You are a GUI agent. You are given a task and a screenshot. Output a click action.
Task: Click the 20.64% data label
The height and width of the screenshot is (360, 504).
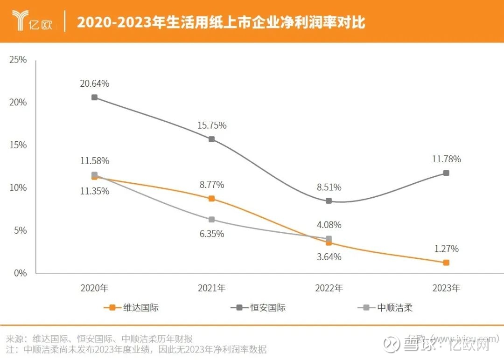[x=95, y=84]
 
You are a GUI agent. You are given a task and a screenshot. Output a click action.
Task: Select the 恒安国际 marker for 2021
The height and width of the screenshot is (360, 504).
[x=211, y=139]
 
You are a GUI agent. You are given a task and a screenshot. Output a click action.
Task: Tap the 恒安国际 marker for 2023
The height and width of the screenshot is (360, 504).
[x=446, y=173]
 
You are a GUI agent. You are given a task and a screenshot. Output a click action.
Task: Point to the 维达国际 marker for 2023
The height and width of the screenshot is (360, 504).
[x=446, y=263]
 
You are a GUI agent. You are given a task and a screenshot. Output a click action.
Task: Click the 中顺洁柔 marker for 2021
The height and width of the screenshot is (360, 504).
[x=211, y=220]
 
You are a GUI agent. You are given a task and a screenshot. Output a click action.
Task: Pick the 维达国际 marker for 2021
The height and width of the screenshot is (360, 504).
[x=211, y=199]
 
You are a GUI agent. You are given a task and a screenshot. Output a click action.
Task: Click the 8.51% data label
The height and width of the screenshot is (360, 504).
[x=329, y=187]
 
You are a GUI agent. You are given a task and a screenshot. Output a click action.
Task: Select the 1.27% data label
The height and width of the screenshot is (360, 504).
[x=446, y=249]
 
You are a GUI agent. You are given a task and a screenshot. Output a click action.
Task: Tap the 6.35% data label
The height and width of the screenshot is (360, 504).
[x=211, y=234]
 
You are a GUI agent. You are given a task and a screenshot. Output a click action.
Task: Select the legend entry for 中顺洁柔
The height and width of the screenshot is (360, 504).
[x=394, y=308]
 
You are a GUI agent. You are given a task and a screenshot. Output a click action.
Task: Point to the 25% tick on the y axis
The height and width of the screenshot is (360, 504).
[x=18, y=60]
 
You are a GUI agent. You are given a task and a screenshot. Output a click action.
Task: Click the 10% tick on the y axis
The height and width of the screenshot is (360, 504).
[x=18, y=188]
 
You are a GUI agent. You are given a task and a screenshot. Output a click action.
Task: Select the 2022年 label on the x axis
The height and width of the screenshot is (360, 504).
[x=329, y=289]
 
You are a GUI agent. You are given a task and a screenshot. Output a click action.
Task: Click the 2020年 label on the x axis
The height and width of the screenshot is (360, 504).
[x=95, y=289]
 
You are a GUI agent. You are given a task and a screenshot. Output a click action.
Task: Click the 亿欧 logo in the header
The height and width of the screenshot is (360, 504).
[x=32, y=21]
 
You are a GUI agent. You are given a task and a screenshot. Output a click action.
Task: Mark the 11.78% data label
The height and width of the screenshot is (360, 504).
[x=446, y=159]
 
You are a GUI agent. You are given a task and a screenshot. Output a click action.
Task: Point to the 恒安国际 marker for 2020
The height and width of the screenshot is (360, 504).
[x=95, y=97]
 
